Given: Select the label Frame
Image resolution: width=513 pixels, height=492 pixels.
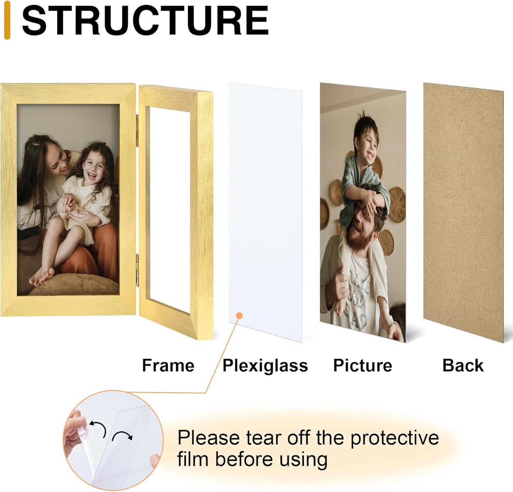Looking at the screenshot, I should click(168, 365).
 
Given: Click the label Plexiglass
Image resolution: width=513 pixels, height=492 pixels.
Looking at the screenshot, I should click(265, 365).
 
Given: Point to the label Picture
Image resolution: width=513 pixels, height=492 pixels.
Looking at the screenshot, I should click(362, 365).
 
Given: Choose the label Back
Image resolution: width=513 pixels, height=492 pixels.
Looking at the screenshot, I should click(463, 365).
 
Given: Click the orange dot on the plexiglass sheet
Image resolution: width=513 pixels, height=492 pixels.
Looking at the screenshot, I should click(239, 315).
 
